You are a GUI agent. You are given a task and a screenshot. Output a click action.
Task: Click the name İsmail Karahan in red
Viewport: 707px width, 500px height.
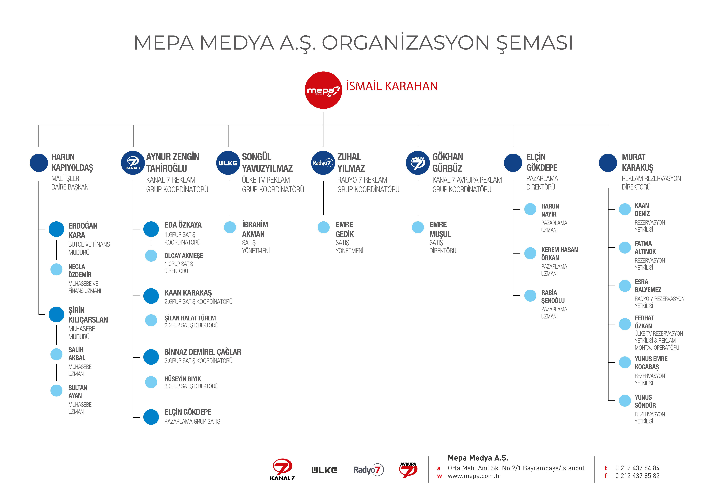pos(392,86)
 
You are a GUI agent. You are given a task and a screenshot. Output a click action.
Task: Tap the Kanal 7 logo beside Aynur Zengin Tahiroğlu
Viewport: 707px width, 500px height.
pos(133,163)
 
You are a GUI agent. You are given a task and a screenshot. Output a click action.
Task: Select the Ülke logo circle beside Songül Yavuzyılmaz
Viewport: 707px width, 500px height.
pos(228,163)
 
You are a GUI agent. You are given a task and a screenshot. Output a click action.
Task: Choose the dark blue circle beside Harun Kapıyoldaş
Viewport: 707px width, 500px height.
pos(39,163)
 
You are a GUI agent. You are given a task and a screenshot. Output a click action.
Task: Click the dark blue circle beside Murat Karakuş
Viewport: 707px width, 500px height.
pos(608,163)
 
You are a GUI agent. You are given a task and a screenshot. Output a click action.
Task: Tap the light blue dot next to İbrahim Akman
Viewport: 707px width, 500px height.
pos(230,227)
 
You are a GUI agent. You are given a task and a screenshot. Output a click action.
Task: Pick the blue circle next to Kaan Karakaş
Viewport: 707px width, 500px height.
pos(151,296)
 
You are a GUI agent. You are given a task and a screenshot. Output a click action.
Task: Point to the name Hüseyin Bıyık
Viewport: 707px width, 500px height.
pos(183,379)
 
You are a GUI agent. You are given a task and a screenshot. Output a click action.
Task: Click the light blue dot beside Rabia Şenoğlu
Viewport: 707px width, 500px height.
pos(530,296)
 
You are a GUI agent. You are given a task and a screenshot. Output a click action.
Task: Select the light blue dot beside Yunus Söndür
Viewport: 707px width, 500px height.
pos(625,400)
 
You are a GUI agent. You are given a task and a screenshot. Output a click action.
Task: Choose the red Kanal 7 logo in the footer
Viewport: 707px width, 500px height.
pos(282,469)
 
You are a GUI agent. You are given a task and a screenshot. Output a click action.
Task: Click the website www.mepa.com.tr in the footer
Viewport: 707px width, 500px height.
pos(474,476)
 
